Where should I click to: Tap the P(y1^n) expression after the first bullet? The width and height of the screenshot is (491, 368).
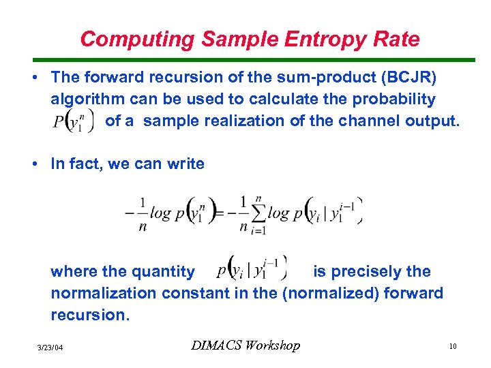72,121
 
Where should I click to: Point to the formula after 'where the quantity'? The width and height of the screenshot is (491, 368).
252,267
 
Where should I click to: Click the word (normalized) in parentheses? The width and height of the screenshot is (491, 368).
333,293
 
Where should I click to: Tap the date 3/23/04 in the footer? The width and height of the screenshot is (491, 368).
50,348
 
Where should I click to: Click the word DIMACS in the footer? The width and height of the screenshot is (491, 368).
216,346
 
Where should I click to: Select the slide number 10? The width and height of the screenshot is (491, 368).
452,347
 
